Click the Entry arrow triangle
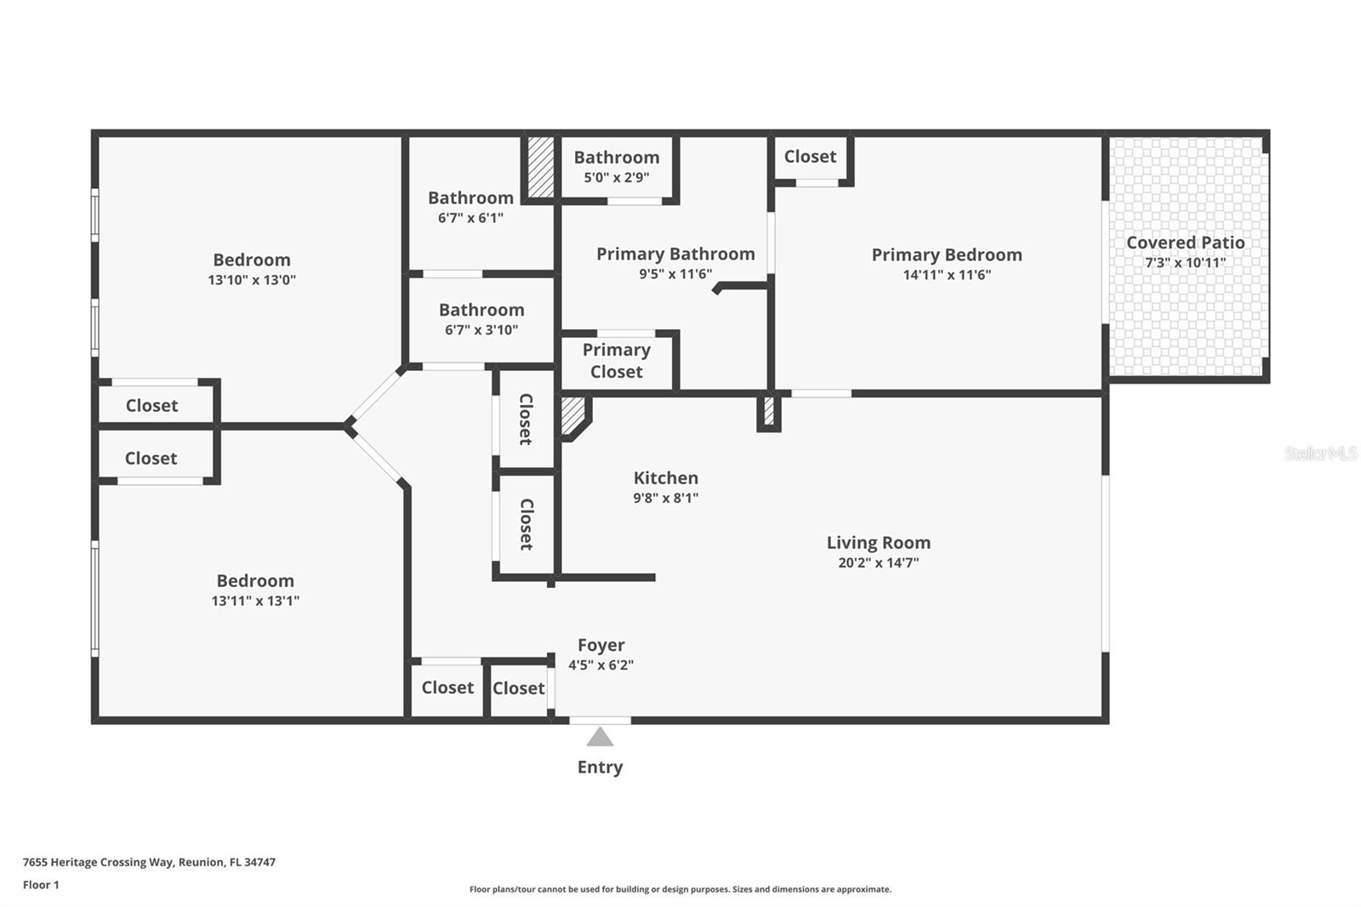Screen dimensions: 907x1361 (600, 737)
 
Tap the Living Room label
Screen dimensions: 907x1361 (878, 543)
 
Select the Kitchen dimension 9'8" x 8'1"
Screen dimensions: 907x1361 (665, 499)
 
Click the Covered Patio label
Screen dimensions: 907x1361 (1185, 242)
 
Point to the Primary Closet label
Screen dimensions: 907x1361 (616, 361)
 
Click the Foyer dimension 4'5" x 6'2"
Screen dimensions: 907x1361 (601, 665)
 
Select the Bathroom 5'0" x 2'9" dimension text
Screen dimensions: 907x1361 (616, 178)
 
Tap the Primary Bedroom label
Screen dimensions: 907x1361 (946, 254)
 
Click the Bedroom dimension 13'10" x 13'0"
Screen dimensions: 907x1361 (252, 280)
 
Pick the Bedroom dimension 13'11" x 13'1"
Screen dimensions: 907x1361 (255, 601)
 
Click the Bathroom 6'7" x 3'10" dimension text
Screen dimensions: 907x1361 (481, 330)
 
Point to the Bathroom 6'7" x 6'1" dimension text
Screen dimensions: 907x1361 (470, 218)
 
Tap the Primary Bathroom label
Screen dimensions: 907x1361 (675, 254)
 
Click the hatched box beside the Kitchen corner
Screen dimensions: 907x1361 (572, 415)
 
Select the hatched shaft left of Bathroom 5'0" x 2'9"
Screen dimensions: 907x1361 (540, 167)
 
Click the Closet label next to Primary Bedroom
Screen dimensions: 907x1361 (810, 157)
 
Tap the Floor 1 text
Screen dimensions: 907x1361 (41, 885)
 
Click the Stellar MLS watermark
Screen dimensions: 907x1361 (1320, 453)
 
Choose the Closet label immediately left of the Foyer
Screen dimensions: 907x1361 (518, 688)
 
